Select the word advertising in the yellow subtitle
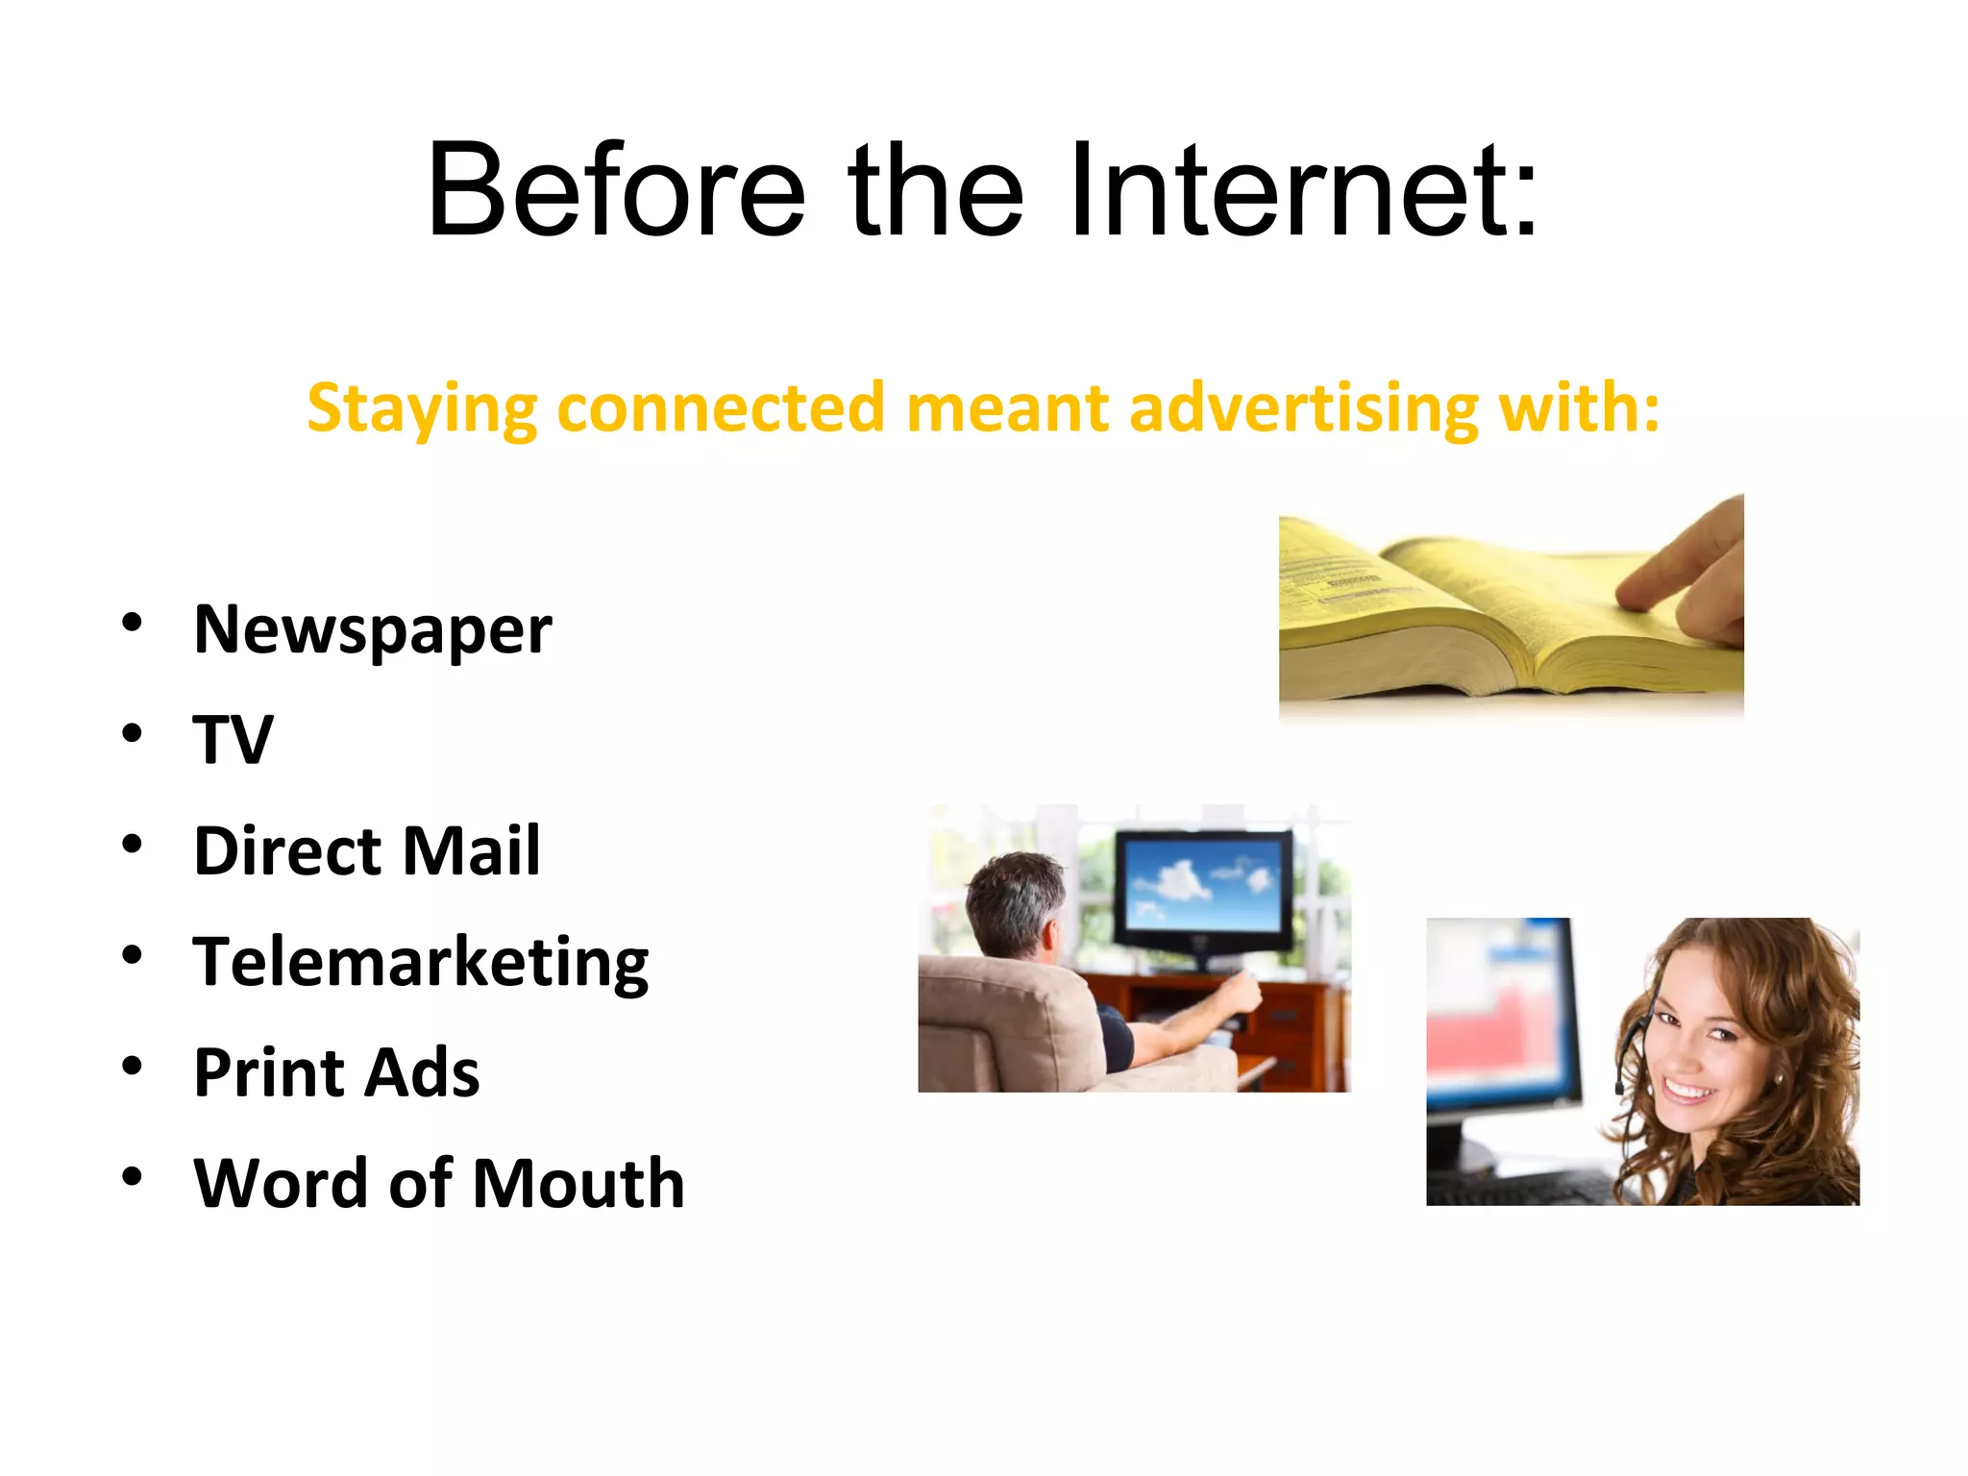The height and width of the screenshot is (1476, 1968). [x=1302, y=407]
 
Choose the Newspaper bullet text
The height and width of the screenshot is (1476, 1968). [x=373, y=630]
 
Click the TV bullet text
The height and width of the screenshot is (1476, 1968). [x=234, y=740]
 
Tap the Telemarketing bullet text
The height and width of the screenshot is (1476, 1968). [x=421, y=963]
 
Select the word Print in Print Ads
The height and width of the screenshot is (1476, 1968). [x=268, y=1072]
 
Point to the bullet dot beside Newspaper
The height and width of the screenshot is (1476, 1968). [x=133, y=623]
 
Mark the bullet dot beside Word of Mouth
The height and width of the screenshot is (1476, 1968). [x=133, y=1176]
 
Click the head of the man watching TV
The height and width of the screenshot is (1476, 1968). [x=1014, y=903]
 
